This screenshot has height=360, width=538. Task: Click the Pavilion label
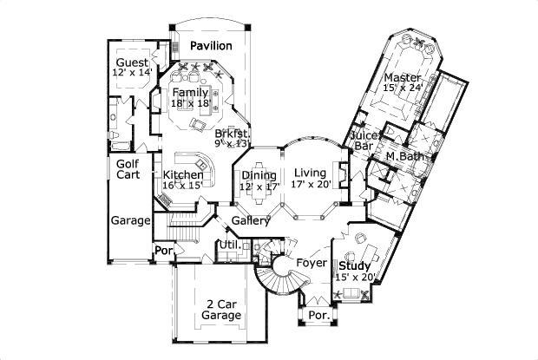pos(211,45)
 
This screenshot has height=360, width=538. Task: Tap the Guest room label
pos(132,63)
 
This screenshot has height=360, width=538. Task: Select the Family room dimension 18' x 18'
pos(190,103)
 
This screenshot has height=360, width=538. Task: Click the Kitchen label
pos(183,175)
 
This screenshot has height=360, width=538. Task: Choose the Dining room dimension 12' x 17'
pos(259,187)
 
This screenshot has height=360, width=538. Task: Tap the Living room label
pos(309,172)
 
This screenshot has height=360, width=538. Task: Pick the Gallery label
pos(250,220)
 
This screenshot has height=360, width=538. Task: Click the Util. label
pos(229,246)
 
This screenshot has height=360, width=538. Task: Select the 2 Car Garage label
pos(221,310)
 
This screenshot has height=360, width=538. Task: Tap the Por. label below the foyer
pos(318,317)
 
